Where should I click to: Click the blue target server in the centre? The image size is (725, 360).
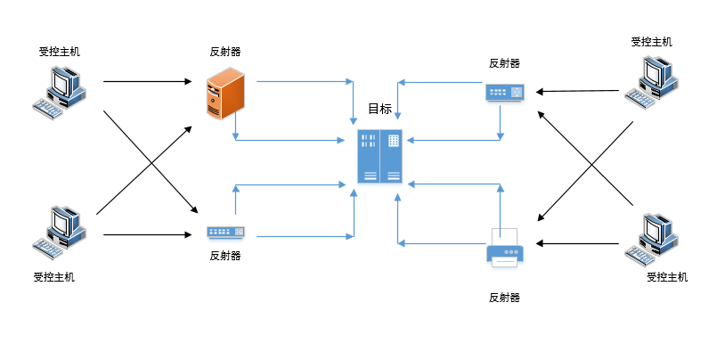pyautogui.click(x=379, y=156)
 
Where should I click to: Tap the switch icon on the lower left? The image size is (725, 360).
pyautogui.click(x=225, y=232)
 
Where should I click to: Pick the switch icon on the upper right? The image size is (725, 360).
pyautogui.click(x=505, y=92)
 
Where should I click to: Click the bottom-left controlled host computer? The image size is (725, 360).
pyautogui.click(x=61, y=233)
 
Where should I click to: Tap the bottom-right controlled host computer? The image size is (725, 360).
pyautogui.click(x=657, y=239)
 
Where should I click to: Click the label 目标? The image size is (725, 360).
pyautogui.click(x=379, y=110)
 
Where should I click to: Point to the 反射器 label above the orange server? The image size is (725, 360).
pyautogui.click(x=224, y=52)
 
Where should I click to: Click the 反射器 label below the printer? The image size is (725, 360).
pyautogui.click(x=504, y=298)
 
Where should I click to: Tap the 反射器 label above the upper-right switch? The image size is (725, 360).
pyautogui.click(x=504, y=63)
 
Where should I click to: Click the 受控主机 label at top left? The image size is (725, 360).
pyautogui.click(x=59, y=52)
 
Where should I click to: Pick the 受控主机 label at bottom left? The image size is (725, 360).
pyautogui.click(x=54, y=277)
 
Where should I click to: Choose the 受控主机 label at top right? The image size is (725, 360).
pyautogui.click(x=651, y=42)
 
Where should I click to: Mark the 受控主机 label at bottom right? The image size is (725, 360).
pyautogui.click(x=667, y=277)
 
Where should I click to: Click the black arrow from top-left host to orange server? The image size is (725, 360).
pyautogui.click(x=147, y=82)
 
